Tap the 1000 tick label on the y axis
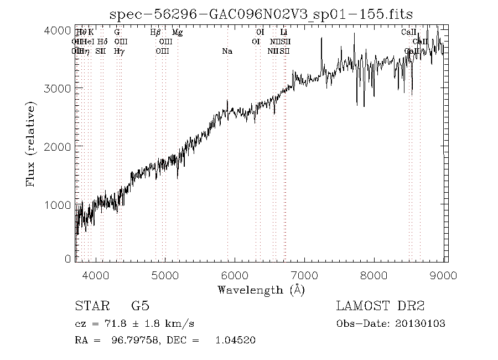pyautogui.click(x=58, y=204)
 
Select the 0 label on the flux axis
pyautogui.click(x=68, y=258)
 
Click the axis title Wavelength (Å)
pyautogui.click(x=261, y=290)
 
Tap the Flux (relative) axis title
pyautogui.click(x=32, y=144)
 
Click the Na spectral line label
pyautogui.click(x=227, y=51)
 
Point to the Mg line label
pyautogui.click(x=177, y=33)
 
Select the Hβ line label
pyautogui.click(x=156, y=33)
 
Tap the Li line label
pyautogui.click(x=284, y=33)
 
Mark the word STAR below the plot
pyautogui.click(x=90, y=306)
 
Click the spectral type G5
pyautogui.click(x=139, y=306)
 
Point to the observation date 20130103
pyautogui.click(x=420, y=323)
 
